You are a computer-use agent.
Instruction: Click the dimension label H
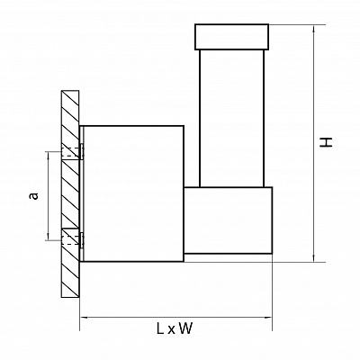click(x=326, y=142)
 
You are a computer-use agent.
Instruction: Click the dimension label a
click(x=34, y=196)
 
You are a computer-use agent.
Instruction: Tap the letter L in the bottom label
click(x=160, y=328)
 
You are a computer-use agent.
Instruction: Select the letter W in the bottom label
click(x=186, y=328)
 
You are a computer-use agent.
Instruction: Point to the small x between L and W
click(x=171, y=330)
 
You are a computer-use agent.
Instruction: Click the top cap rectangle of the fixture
click(x=231, y=37)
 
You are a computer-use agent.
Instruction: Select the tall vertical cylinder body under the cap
click(x=231, y=118)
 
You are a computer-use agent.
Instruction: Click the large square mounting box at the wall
click(x=133, y=193)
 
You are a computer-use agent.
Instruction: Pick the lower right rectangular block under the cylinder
click(x=228, y=220)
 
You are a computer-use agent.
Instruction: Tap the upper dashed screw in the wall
click(x=72, y=152)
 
